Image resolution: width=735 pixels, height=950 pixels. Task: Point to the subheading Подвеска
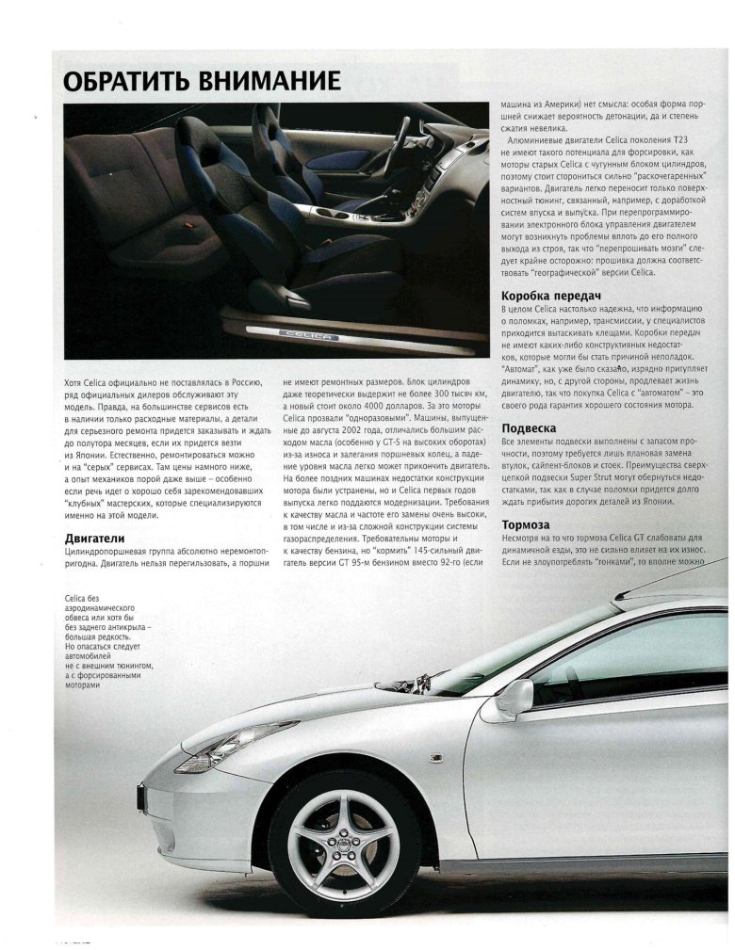tap(532, 427)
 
